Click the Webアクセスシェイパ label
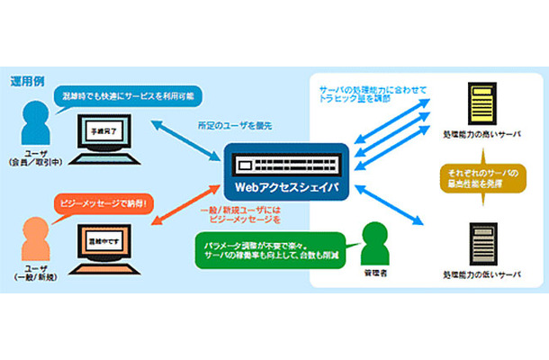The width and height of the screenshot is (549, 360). tap(273, 190)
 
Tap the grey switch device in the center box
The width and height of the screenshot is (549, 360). tap(273, 165)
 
